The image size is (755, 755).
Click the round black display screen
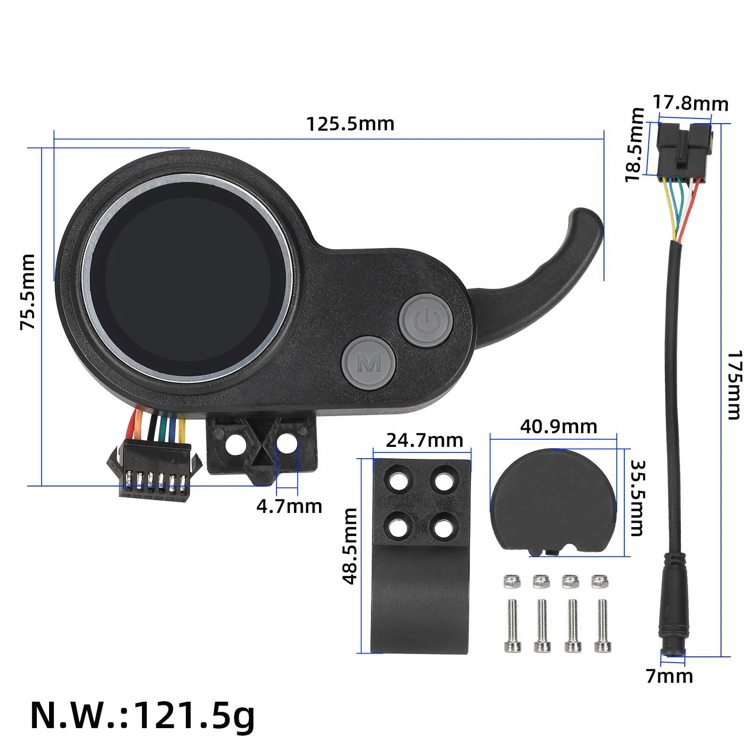point(187,279)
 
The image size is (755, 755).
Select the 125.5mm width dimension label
point(350,124)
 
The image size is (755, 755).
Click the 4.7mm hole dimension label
point(289,506)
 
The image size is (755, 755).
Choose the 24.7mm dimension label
point(424,440)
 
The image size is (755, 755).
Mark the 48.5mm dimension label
point(350,546)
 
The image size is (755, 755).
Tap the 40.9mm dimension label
point(559,427)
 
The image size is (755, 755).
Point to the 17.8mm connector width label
point(690,103)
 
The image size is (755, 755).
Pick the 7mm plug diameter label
point(669,676)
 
